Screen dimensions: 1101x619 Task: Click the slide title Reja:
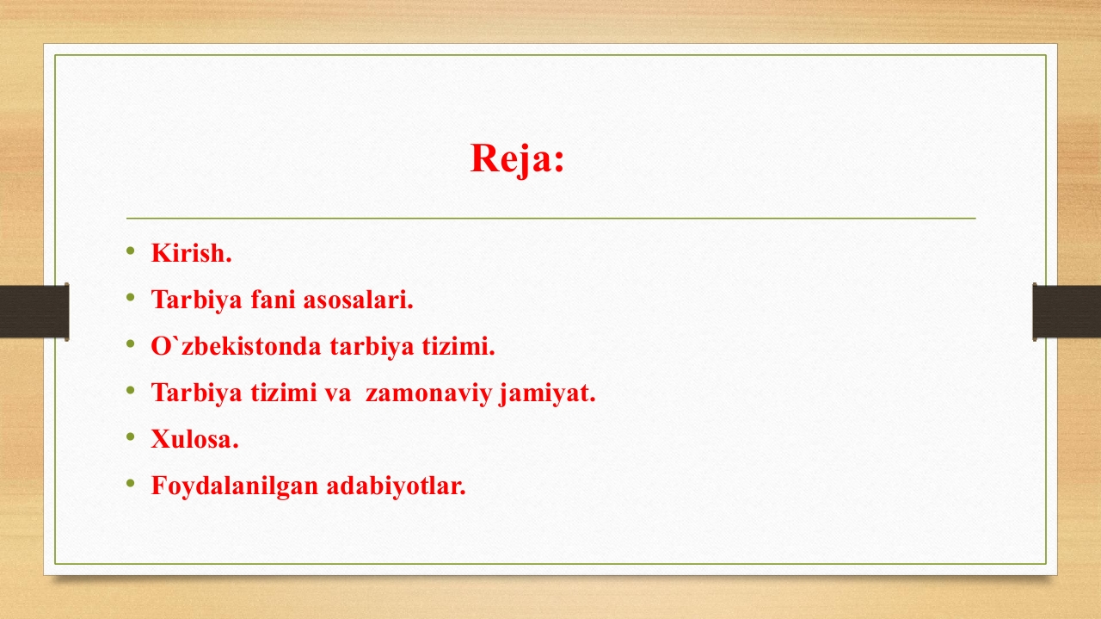pos(518,158)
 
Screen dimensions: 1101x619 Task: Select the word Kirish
pos(191,253)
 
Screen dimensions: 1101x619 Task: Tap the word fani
pos(273,299)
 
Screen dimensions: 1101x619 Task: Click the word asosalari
pos(359,299)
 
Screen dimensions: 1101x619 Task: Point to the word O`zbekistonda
pos(236,346)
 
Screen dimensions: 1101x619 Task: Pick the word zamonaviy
pos(428,393)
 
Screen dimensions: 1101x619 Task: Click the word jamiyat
pos(547,393)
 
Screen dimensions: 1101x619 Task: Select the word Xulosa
pos(194,439)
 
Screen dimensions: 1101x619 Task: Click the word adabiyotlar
pos(397,486)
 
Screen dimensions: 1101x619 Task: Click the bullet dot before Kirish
pos(130,251)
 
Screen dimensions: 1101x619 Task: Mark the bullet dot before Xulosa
pos(130,437)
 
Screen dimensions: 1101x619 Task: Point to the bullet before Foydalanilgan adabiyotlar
pos(130,483)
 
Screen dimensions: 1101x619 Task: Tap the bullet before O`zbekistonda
pos(130,344)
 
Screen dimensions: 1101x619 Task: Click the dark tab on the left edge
pos(34,312)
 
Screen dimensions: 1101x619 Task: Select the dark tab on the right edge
pos(1067,312)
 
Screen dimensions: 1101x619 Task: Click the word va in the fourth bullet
pos(337,393)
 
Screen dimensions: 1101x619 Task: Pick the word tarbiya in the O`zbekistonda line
pos(372,346)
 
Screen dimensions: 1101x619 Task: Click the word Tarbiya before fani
pos(197,300)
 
